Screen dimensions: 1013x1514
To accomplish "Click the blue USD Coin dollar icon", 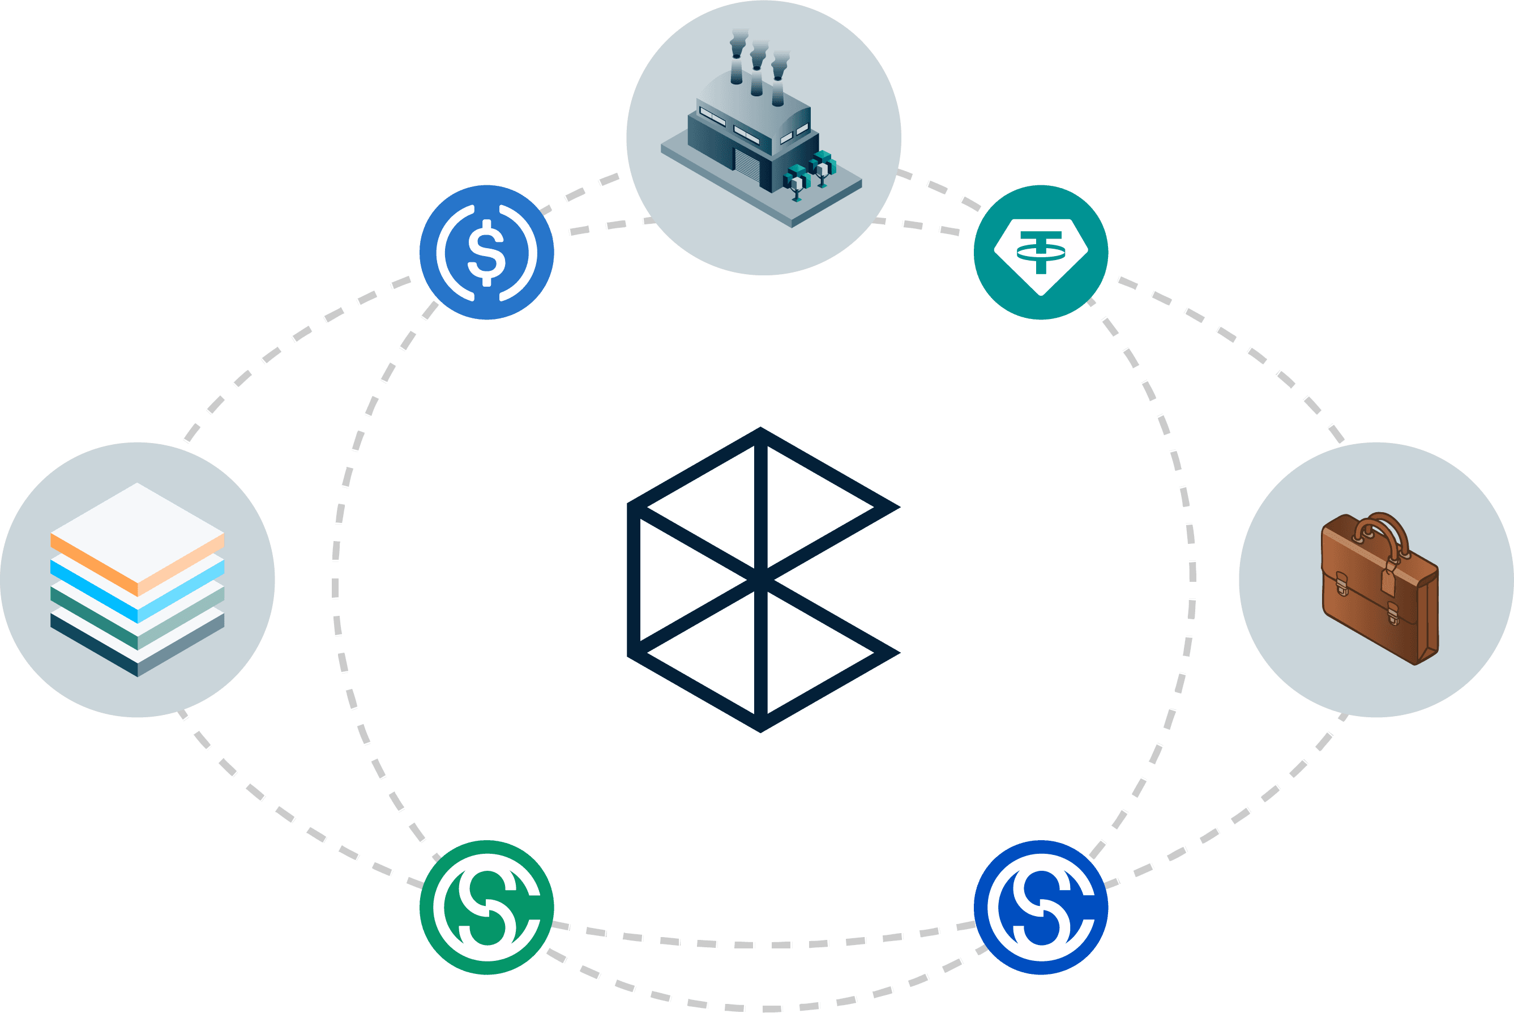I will [x=486, y=253].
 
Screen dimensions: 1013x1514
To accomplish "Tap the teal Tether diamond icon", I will [x=1040, y=253].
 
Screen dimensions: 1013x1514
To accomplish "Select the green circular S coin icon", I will [x=486, y=907].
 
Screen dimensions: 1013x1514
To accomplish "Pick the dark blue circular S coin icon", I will [x=1040, y=907].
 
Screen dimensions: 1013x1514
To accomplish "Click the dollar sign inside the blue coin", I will [x=486, y=253].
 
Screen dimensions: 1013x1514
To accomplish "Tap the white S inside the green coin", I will [x=486, y=907].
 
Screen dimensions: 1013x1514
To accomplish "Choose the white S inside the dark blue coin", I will [x=1040, y=907].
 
